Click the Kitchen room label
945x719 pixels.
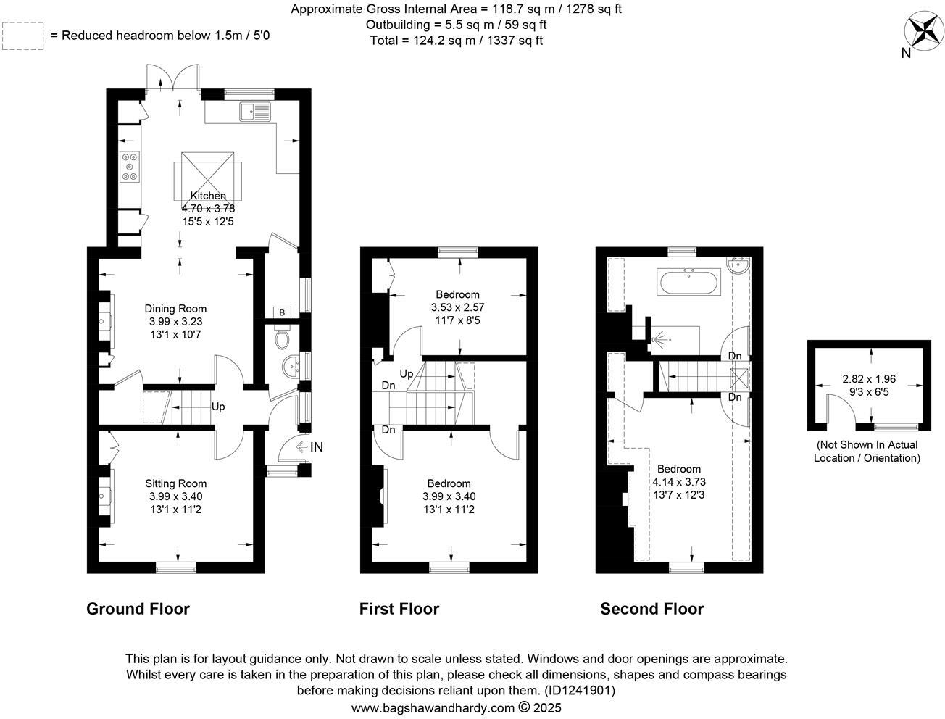click(208, 196)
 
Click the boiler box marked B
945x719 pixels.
click(281, 312)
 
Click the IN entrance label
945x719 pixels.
click(316, 448)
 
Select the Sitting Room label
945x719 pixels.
click(175, 483)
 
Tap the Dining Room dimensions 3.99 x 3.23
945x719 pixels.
click(175, 321)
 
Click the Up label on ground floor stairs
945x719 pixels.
click(218, 407)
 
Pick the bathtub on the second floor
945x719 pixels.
click(688, 281)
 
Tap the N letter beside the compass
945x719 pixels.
click(905, 53)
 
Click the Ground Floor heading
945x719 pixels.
click(138, 609)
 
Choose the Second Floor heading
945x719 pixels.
click(651, 609)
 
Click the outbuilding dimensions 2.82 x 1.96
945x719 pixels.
click(868, 379)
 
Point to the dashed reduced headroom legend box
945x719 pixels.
click(24, 36)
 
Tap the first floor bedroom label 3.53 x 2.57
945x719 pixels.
click(457, 307)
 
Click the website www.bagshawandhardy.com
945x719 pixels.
click(433, 707)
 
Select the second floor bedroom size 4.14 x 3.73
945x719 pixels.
click(679, 482)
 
